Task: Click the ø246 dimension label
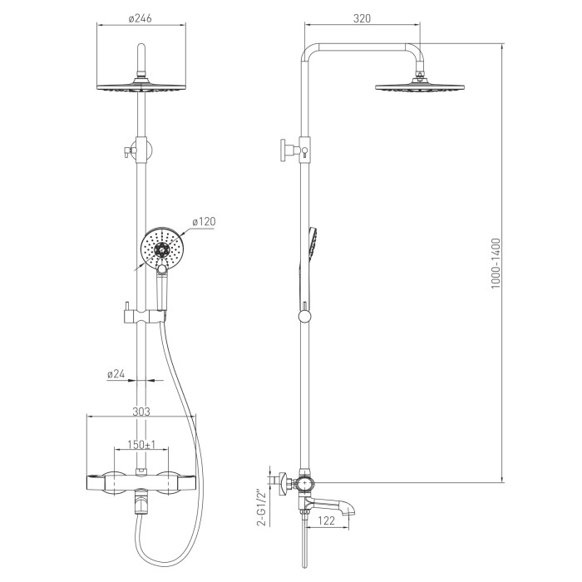click(x=141, y=18)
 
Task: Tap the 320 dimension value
click(x=362, y=18)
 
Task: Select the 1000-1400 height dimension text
click(x=496, y=264)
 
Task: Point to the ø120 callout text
click(x=204, y=222)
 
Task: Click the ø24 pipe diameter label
click(x=116, y=374)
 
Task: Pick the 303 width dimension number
click(x=141, y=412)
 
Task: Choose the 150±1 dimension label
click(x=141, y=444)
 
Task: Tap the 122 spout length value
click(x=326, y=520)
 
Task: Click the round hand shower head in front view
click(x=161, y=248)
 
